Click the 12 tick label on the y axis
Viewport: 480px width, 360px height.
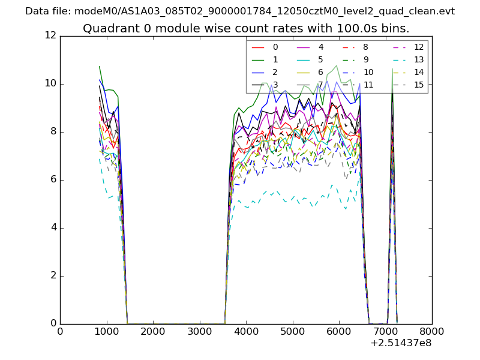click(50, 36)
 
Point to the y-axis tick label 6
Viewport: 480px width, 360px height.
click(53, 180)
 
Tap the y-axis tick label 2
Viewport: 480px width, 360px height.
click(53, 276)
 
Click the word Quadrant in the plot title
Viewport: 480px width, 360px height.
click(108, 29)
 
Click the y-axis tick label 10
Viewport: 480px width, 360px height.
click(50, 84)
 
